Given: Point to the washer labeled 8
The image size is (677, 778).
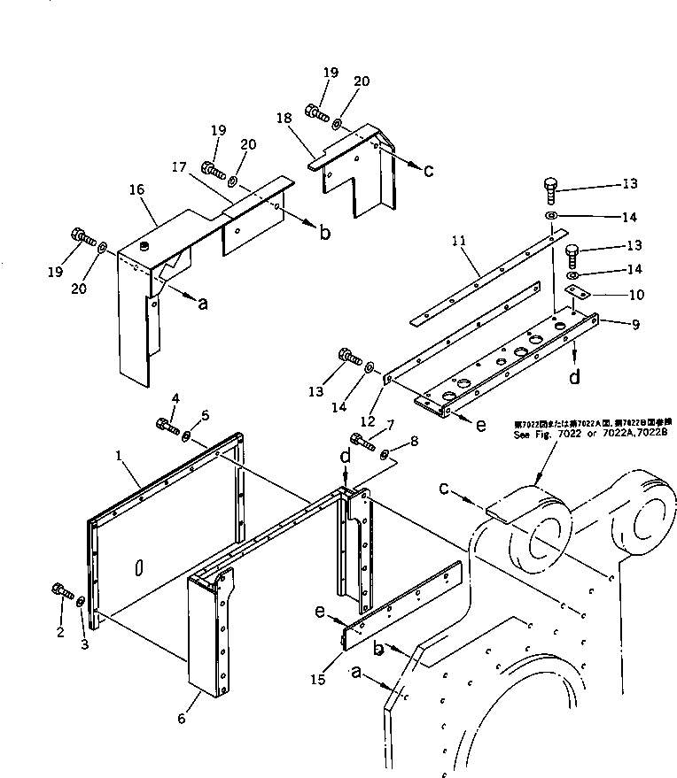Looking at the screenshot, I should pyautogui.click(x=385, y=455).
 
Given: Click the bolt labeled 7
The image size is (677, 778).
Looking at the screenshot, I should pyautogui.click(x=362, y=439).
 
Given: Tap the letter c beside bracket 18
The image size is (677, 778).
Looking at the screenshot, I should pyautogui.click(x=428, y=170).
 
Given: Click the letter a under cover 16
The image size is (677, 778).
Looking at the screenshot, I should pyautogui.click(x=203, y=303).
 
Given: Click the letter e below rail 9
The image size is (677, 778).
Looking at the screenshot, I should pyautogui.click(x=480, y=425).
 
